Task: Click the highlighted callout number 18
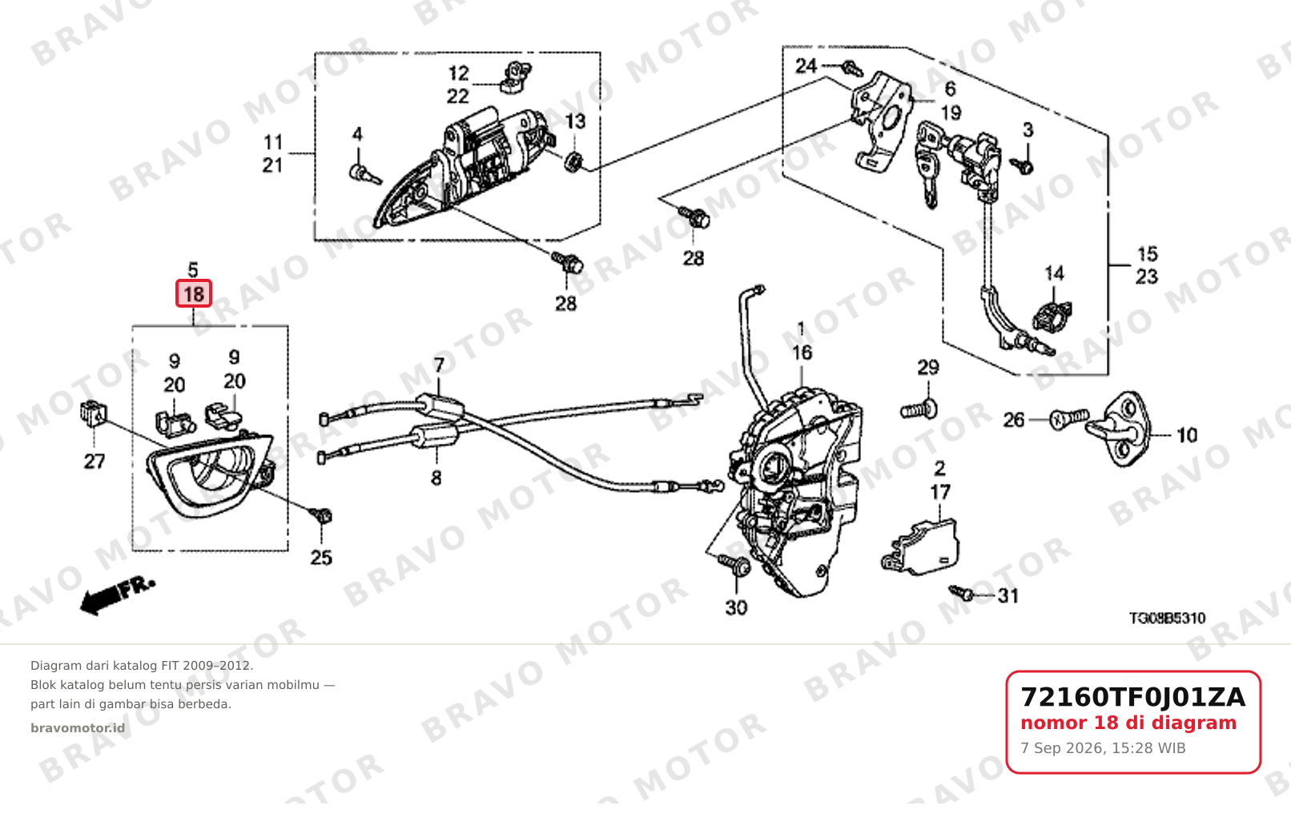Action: click(194, 294)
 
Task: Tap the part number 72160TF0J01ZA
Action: click(1133, 697)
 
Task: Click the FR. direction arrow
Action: click(118, 595)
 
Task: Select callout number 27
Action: click(95, 461)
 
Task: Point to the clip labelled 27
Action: click(93, 413)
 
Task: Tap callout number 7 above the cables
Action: click(439, 365)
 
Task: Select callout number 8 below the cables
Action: click(436, 477)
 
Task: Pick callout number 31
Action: click(1008, 595)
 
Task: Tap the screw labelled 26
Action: click(1069, 418)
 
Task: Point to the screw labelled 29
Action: click(919, 410)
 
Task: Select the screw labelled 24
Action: click(852, 69)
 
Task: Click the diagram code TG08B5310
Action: click(1167, 618)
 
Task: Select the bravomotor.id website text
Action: click(78, 728)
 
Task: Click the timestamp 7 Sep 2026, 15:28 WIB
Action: click(1103, 748)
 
